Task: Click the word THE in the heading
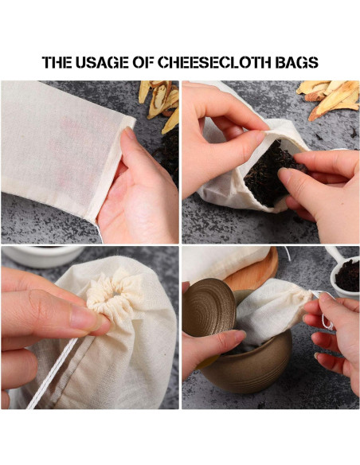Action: (57, 62)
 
